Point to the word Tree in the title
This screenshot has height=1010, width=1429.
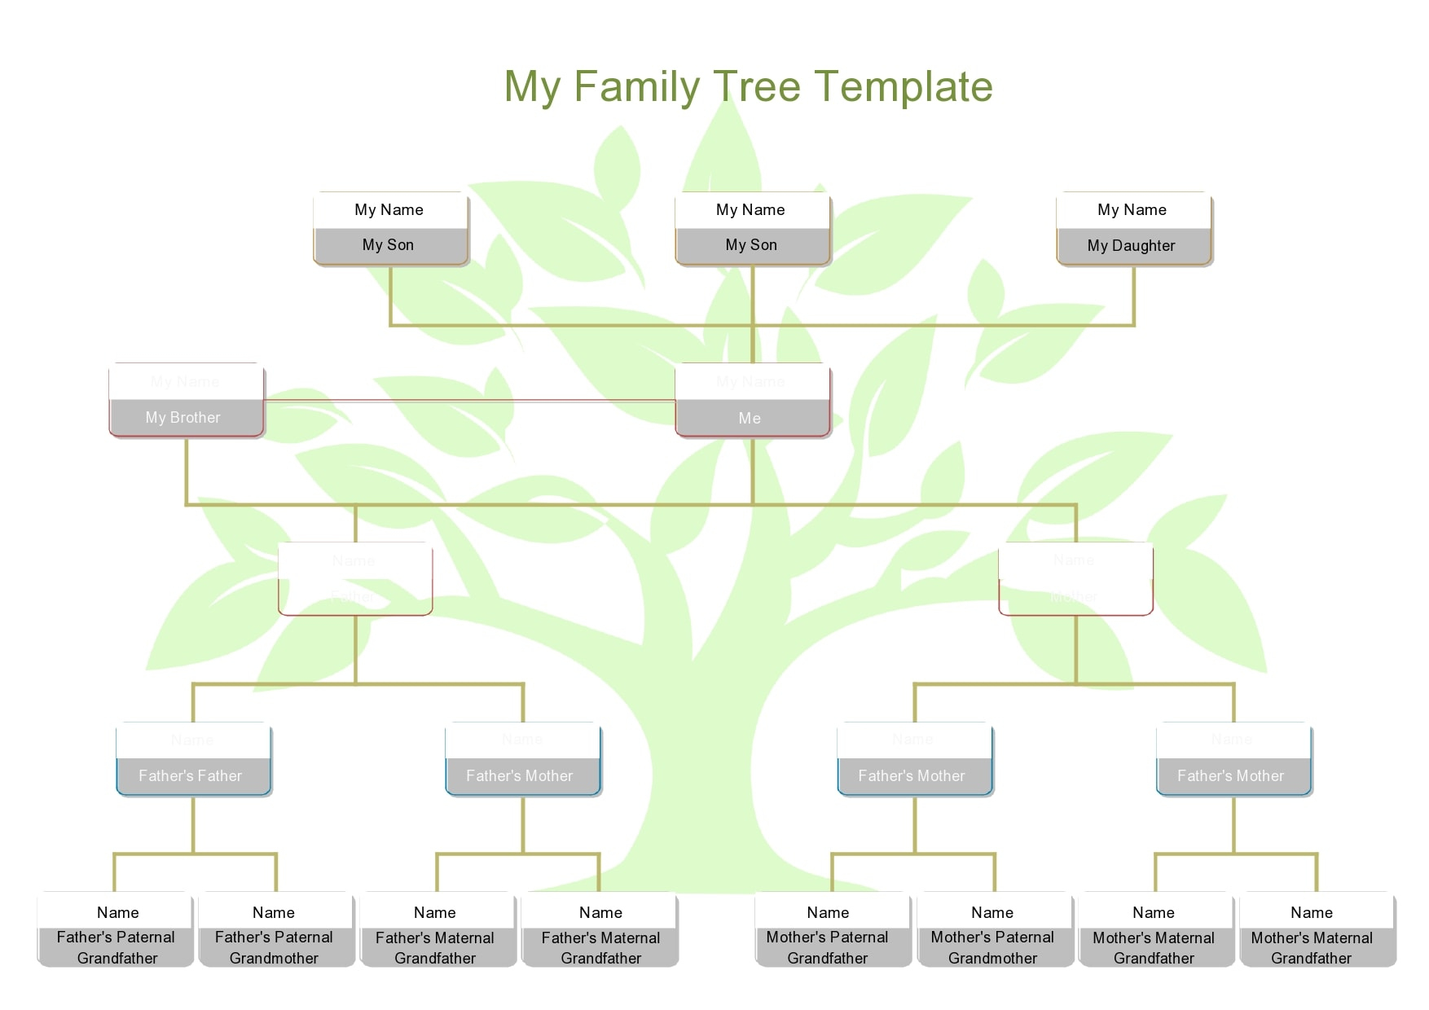757,86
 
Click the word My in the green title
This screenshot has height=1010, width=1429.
533,86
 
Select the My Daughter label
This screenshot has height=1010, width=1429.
1132,246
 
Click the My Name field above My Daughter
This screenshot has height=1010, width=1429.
1132,210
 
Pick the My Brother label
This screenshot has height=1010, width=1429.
183,418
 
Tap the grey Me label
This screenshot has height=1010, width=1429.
750,419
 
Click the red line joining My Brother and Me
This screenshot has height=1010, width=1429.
468,401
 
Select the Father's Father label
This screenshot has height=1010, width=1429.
191,776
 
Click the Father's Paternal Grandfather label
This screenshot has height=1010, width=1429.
117,948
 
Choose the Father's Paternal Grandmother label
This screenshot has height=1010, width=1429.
274,948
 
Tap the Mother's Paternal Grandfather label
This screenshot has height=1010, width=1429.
828,948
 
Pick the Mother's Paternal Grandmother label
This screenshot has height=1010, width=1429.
992,948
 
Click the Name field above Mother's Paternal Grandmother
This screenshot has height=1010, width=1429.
992,912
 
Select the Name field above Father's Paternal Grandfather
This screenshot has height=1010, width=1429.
117,912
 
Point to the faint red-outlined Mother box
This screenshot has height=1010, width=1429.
1075,579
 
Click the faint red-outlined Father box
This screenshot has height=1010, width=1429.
355,579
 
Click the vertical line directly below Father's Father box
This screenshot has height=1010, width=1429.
193,824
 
